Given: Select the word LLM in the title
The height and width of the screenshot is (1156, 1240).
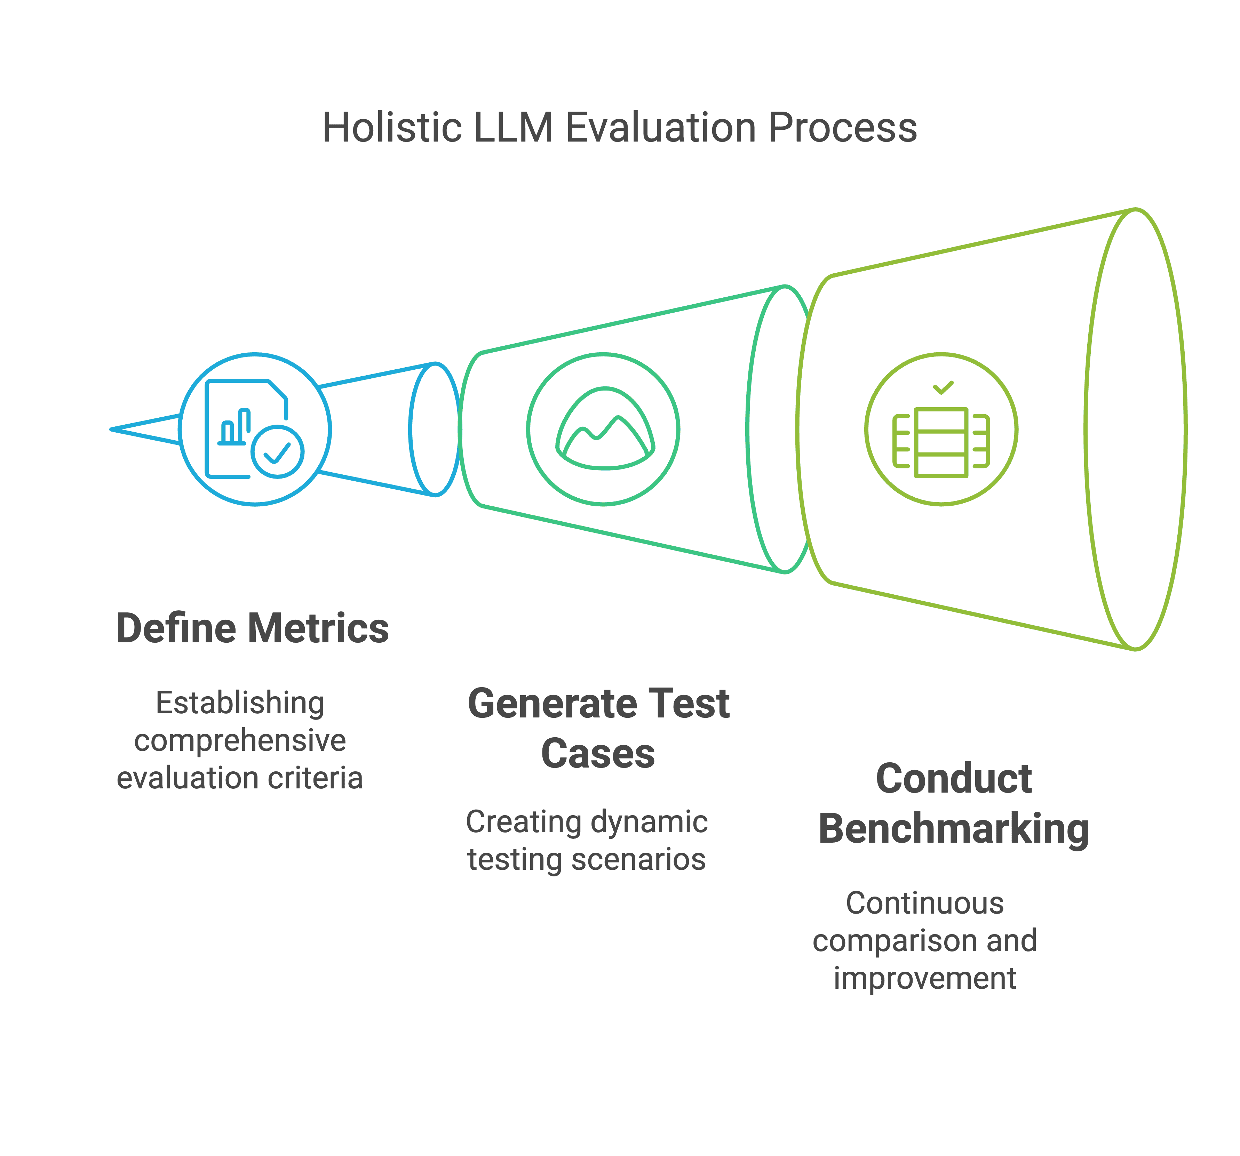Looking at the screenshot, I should pyautogui.click(x=513, y=128).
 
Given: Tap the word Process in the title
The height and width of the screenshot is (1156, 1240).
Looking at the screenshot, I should pyautogui.click(x=842, y=128).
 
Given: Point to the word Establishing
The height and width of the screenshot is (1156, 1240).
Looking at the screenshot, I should pyautogui.click(x=240, y=703).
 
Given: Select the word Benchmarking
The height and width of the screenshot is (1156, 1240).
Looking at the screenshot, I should pyautogui.click(x=954, y=829).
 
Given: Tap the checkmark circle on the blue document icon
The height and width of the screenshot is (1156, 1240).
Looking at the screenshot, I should pyautogui.click(x=278, y=452).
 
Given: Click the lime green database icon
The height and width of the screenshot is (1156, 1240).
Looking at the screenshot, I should pyautogui.click(x=941, y=443).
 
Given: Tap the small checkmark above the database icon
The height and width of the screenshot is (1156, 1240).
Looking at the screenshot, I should pyautogui.click(x=943, y=388).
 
